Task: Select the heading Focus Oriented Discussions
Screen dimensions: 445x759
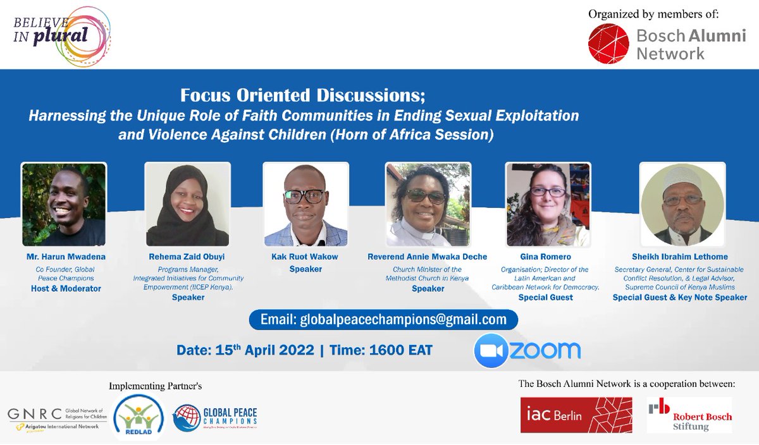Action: pos(303,96)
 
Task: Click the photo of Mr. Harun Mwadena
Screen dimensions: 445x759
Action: pos(63,205)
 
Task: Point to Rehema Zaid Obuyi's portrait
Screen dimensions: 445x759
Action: pos(187,205)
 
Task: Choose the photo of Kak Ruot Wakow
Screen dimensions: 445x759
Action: pos(305,205)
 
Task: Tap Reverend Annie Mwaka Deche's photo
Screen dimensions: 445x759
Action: pos(428,205)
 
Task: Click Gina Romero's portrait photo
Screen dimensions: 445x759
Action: pos(548,205)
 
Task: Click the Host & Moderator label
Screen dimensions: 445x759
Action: pos(66,289)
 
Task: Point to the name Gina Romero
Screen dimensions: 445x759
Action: pos(546,257)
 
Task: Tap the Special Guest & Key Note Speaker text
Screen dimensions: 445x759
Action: pos(680,298)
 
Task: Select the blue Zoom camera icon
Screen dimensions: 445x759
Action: pos(491,350)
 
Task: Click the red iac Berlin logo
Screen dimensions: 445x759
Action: pos(576,415)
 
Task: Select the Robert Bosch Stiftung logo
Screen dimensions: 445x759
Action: pos(689,415)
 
